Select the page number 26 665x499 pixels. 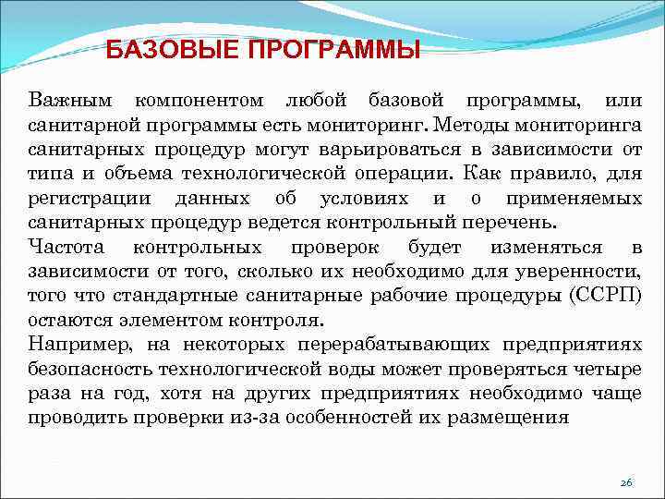[626, 482]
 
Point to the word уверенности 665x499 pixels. [584, 271]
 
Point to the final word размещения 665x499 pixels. [513, 417]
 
